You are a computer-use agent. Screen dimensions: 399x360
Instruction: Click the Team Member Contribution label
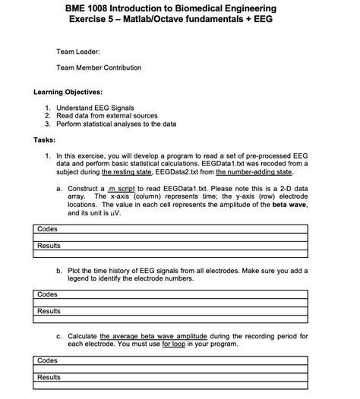click(x=99, y=68)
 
